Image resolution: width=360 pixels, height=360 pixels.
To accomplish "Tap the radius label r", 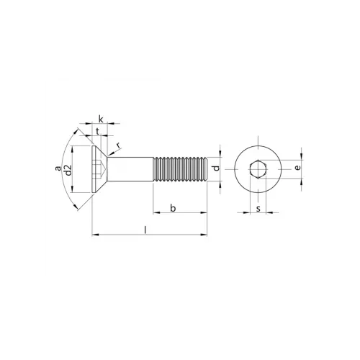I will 118,146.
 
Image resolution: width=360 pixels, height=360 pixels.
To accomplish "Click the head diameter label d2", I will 68,171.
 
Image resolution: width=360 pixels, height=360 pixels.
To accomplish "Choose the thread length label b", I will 172,208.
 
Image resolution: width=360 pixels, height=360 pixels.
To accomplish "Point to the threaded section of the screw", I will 180,171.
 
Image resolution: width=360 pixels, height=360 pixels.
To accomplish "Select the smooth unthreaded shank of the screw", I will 133,171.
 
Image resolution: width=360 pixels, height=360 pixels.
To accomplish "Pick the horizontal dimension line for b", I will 180,213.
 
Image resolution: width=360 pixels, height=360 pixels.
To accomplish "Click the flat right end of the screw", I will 207,171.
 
